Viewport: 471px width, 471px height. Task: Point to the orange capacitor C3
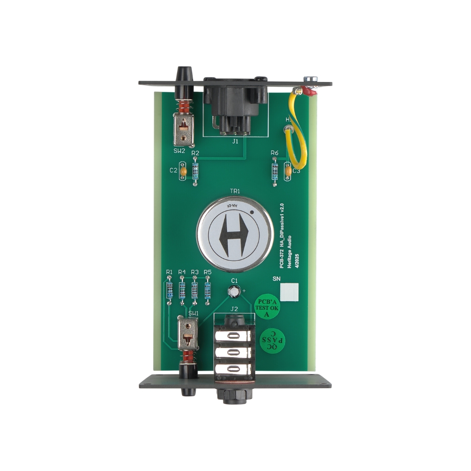[288, 171]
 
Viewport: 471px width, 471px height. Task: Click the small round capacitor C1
[234, 292]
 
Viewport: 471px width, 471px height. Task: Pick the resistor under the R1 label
[170, 290]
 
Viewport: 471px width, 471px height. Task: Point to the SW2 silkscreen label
[179, 151]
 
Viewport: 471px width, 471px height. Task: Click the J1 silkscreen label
[235, 141]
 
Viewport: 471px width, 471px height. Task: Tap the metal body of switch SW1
[187, 333]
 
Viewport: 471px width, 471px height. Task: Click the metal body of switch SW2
[184, 130]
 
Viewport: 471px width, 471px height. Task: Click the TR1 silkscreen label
[235, 191]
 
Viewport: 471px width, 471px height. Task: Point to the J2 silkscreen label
[234, 309]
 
